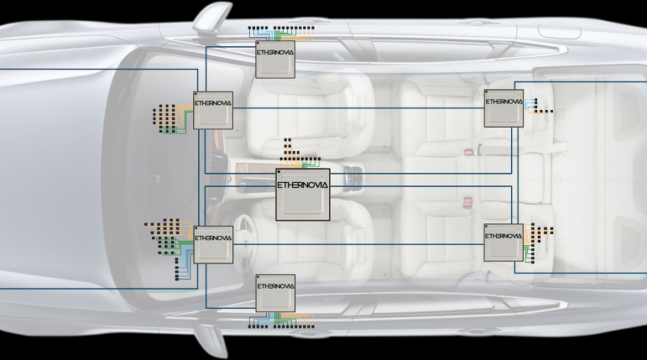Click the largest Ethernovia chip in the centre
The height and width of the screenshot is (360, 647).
(303, 195)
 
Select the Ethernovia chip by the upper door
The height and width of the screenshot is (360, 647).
(275, 59)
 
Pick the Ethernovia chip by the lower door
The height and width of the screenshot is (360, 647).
(275, 293)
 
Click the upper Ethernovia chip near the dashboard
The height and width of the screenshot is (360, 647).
(213, 110)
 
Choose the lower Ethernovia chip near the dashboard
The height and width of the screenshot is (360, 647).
(213, 244)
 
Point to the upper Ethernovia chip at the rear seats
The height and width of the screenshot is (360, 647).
(503, 108)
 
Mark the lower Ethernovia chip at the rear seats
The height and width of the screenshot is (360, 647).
(503, 242)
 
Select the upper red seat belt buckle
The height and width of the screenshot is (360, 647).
(467, 151)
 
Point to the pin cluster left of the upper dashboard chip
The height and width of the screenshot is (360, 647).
(168, 120)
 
